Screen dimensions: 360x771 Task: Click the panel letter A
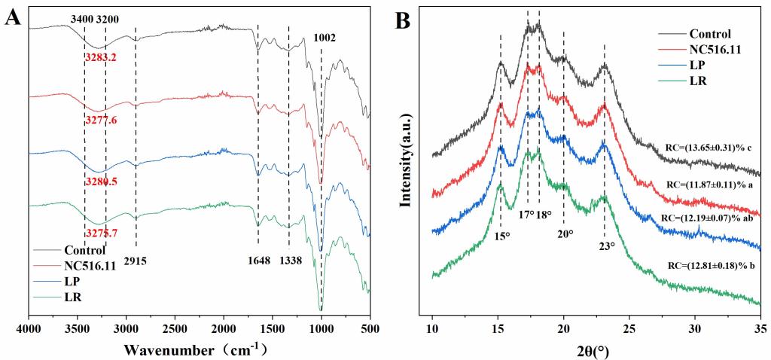point(13,16)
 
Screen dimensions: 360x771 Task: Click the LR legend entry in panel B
point(699,81)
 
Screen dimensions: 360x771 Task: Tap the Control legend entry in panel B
point(710,33)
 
